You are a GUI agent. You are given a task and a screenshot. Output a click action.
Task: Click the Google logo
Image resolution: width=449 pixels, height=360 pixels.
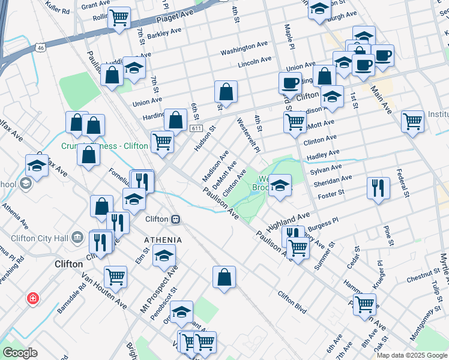click(20, 353)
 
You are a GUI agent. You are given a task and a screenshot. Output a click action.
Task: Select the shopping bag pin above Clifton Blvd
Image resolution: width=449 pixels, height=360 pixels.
click(224, 277)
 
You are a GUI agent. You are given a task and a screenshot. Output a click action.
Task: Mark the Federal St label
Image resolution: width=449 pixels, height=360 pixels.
click(402, 184)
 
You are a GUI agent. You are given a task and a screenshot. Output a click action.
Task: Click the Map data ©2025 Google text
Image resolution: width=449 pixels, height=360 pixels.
click(412, 355)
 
